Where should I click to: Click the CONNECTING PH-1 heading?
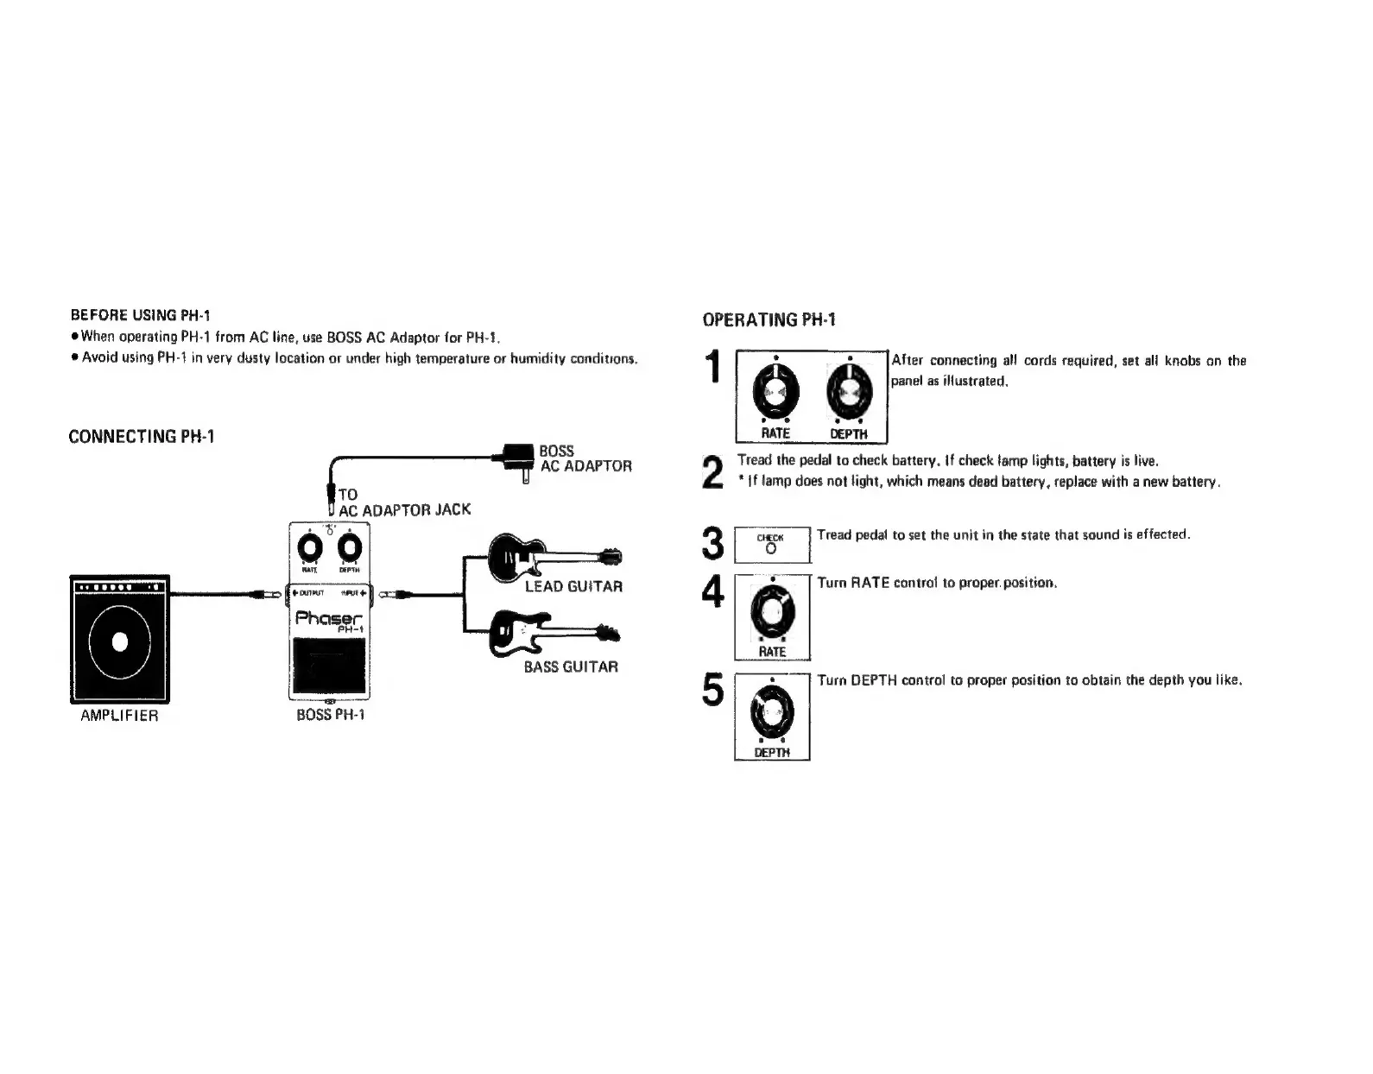coord(142,436)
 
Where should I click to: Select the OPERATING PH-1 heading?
coord(769,319)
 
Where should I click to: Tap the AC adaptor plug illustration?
coord(516,458)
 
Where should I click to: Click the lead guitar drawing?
coord(553,556)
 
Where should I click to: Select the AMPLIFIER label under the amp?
coord(119,716)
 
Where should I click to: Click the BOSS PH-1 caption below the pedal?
coord(331,716)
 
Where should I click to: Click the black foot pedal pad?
coord(329,666)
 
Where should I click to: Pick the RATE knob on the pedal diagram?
coord(308,547)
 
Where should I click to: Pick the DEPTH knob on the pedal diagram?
coord(350,547)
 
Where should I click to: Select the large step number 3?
coord(712,544)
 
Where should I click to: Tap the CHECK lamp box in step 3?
coord(772,545)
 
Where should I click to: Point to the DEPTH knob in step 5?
coord(771,710)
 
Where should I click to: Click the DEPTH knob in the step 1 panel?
coord(848,389)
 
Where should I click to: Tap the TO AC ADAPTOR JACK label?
coord(403,502)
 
